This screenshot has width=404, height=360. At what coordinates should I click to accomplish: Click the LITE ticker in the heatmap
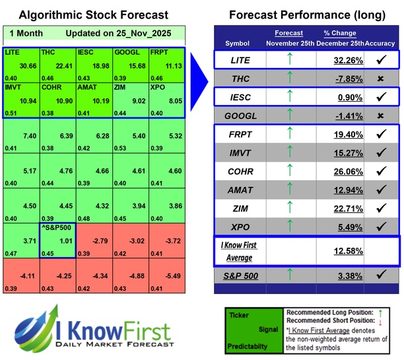(13, 52)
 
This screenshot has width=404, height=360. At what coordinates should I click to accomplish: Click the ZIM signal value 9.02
(135, 103)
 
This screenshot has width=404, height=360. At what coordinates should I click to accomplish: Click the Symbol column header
(238, 43)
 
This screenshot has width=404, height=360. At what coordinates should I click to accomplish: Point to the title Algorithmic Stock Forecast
(93, 15)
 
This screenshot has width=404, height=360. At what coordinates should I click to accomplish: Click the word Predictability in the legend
(247, 346)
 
